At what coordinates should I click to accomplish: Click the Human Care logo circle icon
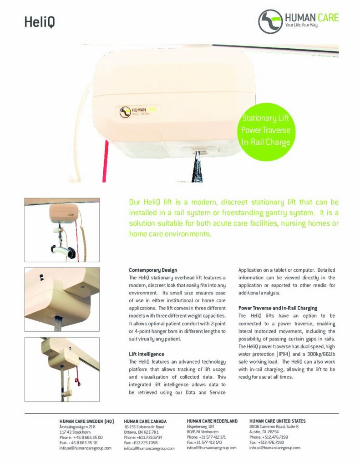tap(270, 21)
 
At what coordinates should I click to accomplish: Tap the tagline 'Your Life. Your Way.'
tap(301, 25)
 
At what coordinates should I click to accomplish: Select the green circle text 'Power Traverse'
tap(265, 131)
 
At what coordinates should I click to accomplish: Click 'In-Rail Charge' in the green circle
tap(265, 142)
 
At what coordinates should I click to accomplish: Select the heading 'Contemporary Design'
tap(153, 270)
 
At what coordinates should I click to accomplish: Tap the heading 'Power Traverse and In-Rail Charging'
tap(278, 308)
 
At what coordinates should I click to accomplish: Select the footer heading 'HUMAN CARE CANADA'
tap(145, 421)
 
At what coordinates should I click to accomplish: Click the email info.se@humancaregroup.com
tap(85, 448)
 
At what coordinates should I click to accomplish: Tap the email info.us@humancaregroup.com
tap(274, 448)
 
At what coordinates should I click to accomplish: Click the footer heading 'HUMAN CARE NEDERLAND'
tap(212, 421)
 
